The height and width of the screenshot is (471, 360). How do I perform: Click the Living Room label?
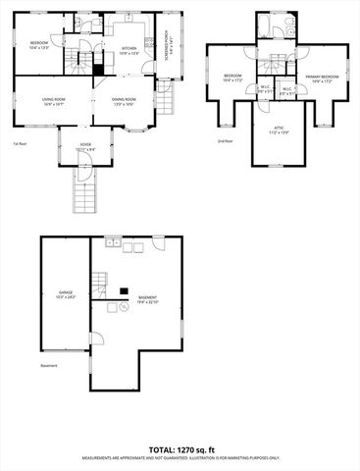click(53, 100)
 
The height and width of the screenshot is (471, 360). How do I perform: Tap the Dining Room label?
click(124, 100)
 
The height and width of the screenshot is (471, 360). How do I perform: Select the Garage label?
click(66, 292)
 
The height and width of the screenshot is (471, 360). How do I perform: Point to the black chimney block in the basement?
click(124, 288)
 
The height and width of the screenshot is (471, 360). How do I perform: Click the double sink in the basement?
click(116, 242)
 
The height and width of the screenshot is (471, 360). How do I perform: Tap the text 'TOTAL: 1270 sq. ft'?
click(180, 449)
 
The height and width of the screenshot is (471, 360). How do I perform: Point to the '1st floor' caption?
click(20, 142)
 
